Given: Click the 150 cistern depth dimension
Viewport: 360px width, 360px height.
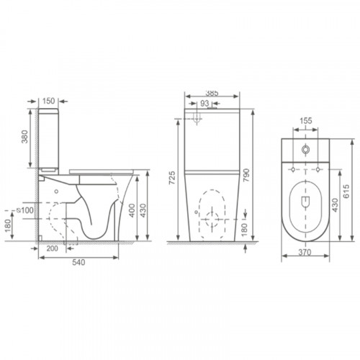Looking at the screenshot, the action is click(x=49, y=101).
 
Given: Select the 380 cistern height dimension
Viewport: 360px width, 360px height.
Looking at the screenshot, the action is click(x=24, y=137).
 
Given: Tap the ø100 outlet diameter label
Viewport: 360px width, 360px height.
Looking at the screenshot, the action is click(x=25, y=210).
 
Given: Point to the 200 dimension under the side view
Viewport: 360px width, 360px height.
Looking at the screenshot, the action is click(x=52, y=248).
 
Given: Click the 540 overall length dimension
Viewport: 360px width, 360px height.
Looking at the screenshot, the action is click(x=78, y=262).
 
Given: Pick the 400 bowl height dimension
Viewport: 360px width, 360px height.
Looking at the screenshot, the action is click(x=132, y=210).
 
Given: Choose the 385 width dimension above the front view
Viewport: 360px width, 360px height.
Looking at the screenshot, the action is click(x=212, y=93).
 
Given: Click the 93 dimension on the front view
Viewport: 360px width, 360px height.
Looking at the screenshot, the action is click(x=204, y=104).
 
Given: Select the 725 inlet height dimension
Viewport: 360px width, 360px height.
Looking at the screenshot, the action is click(x=172, y=178).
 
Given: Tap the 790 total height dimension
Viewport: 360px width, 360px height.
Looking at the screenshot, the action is click(x=246, y=175).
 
